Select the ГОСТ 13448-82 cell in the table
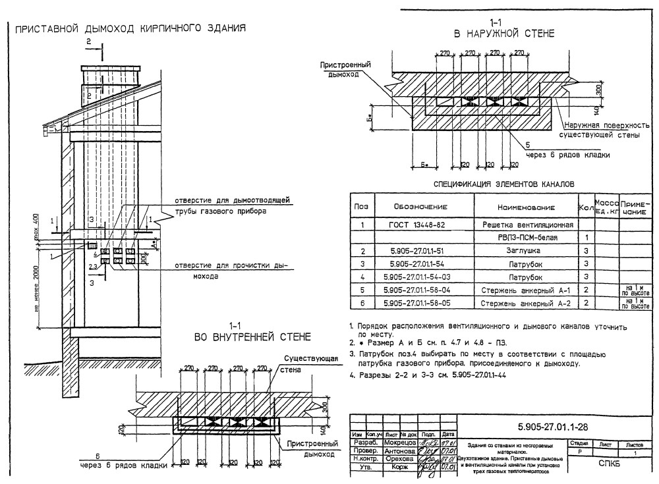coord(417,225)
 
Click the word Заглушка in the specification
coord(526,251)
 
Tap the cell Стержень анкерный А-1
coord(526,289)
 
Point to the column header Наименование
coord(526,206)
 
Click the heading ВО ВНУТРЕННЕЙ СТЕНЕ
coord(252,337)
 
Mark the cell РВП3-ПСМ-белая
coord(526,238)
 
